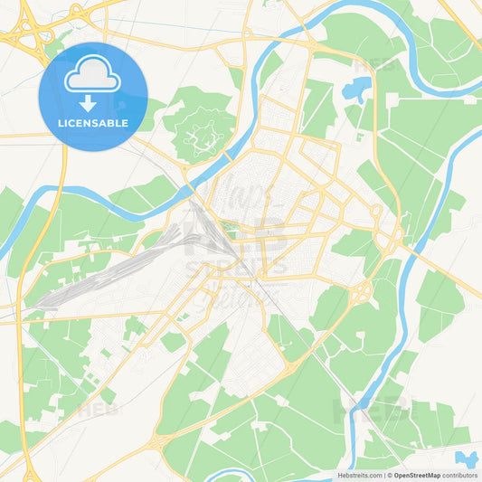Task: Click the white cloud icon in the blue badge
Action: (x=92, y=79)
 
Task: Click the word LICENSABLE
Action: (x=92, y=123)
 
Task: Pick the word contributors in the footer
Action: (x=459, y=475)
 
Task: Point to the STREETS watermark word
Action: (x=237, y=267)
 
